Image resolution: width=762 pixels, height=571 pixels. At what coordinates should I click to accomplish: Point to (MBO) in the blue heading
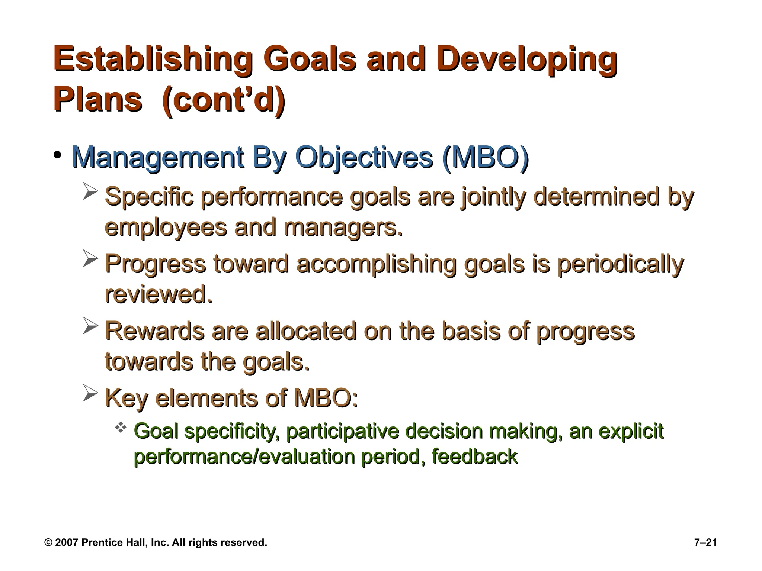[485, 158]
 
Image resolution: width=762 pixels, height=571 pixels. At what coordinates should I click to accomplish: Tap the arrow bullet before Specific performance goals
[90, 191]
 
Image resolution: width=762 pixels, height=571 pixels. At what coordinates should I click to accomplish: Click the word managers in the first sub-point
[343, 228]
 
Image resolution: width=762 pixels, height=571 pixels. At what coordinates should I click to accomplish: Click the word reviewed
[159, 294]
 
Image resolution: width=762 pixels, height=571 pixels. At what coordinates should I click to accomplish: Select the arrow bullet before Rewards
[90, 326]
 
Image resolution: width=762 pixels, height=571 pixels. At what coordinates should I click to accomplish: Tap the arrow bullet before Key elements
[90, 393]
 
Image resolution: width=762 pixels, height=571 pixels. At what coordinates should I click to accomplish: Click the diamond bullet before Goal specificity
[121, 428]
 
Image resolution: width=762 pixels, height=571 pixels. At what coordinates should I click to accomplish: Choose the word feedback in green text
[474, 457]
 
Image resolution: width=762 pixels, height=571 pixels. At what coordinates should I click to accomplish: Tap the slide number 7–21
[705, 542]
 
